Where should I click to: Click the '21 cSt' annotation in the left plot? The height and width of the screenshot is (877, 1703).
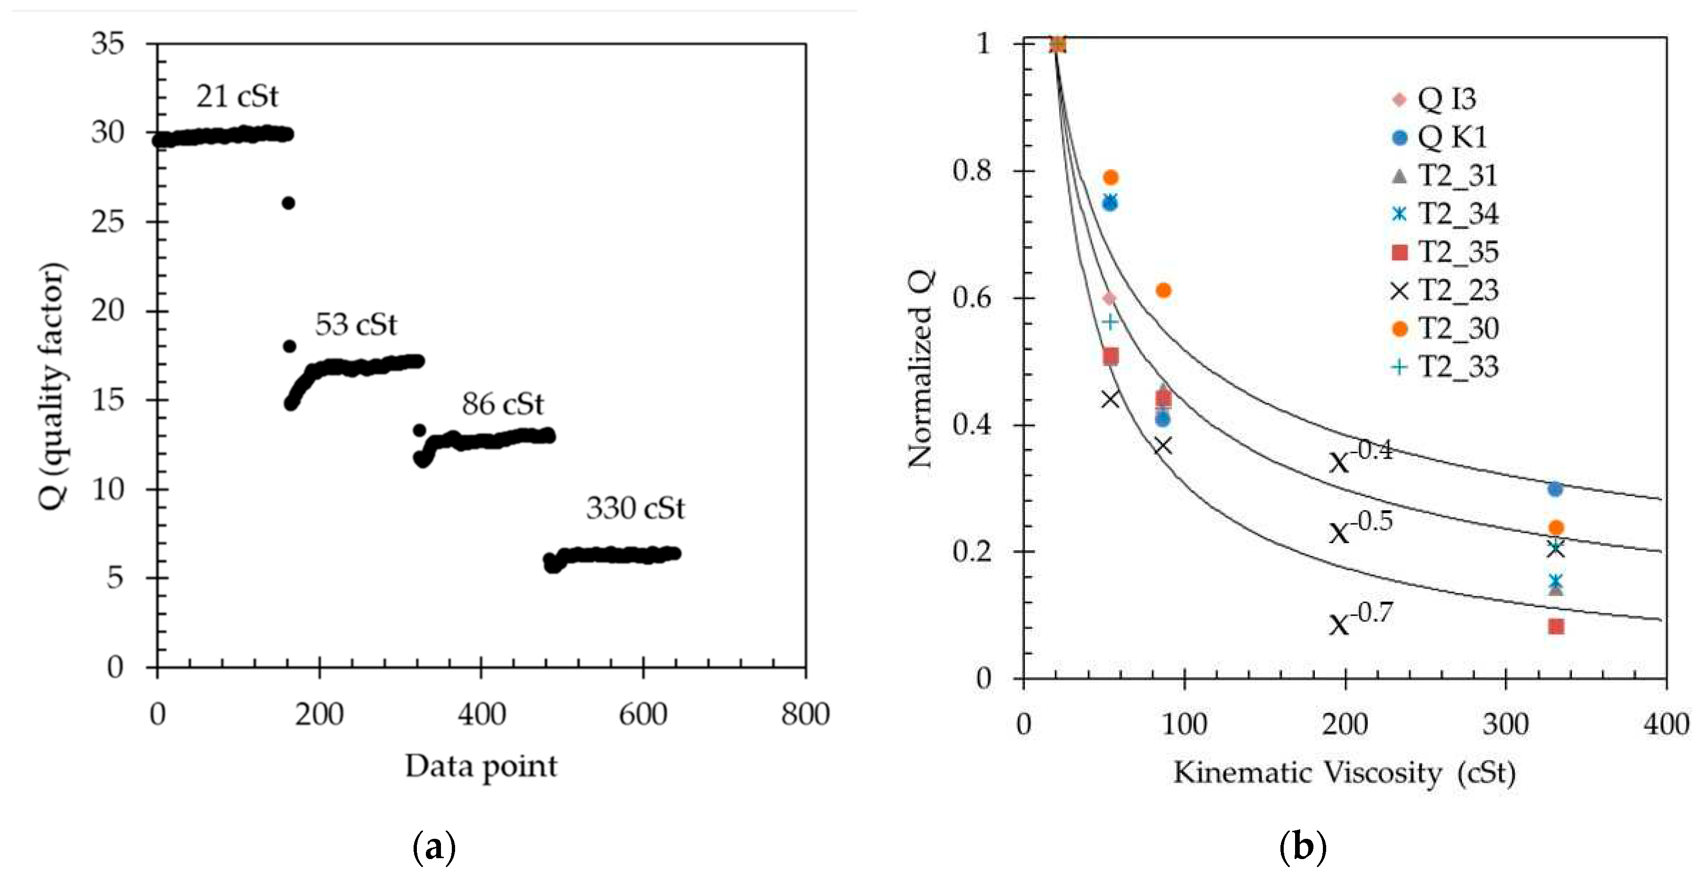click(x=237, y=97)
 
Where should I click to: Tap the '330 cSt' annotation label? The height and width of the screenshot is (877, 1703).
click(x=635, y=508)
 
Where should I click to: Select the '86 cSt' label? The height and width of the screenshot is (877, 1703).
click(x=502, y=404)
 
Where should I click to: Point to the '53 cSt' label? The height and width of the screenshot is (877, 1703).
click(x=356, y=324)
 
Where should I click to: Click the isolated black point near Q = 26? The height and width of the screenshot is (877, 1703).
click(x=288, y=203)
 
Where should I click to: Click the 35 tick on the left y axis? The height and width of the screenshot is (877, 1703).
click(x=108, y=44)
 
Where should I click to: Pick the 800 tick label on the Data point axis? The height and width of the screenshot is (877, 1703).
click(x=805, y=714)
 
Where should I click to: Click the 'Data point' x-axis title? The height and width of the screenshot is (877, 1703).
click(x=481, y=767)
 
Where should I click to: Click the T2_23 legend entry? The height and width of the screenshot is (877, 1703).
click(x=1445, y=290)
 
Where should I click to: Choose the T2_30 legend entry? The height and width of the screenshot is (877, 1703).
click(x=1445, y=329)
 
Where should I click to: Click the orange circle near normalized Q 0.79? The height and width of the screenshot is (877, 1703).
click(x=1111, y=178)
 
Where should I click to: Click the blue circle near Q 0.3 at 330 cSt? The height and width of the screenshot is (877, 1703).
click(x=1555, y=489)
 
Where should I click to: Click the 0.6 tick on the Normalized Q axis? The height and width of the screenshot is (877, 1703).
click(x=972, y=298)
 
